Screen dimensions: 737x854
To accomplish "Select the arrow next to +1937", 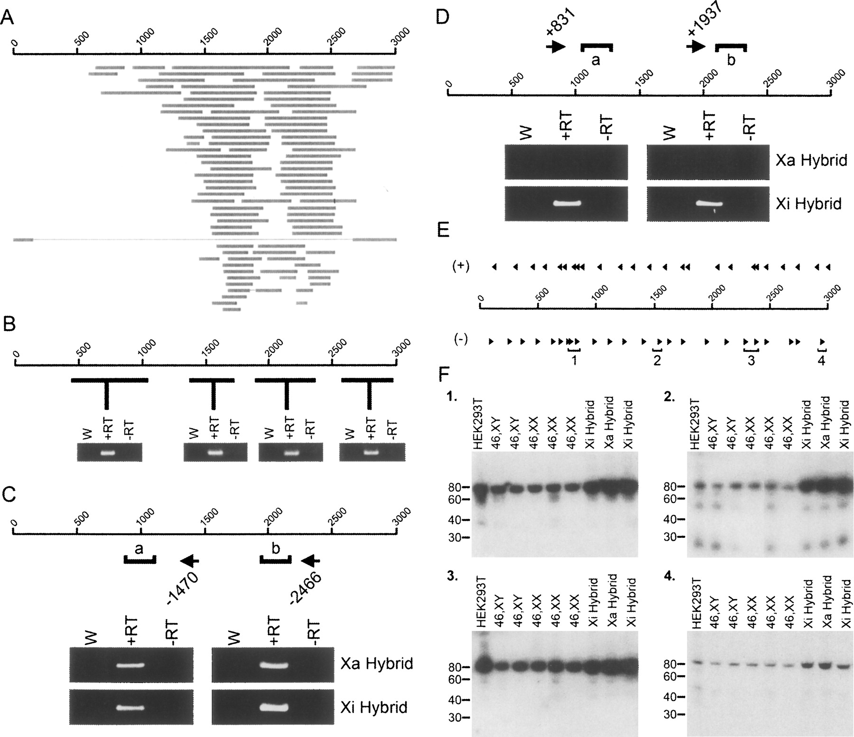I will pos(696,46).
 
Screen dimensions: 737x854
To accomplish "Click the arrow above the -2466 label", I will pos(311,561).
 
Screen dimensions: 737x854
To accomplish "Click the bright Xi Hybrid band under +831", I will pos(567,204).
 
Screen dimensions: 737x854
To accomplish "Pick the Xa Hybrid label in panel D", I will pos(811,160).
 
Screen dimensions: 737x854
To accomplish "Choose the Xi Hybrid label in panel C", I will pos(374,707).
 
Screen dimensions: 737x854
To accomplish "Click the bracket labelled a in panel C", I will pos(140,560).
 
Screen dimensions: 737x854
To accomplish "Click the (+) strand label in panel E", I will pos(461,267).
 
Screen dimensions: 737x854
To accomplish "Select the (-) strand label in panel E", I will pos(461,340).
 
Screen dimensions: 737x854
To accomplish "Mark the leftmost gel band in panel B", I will pos(108,452).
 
